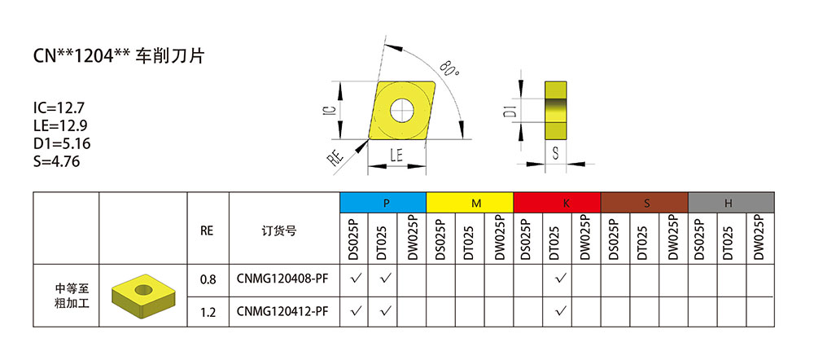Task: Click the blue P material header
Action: [383, 203]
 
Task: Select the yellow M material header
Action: [470, 203]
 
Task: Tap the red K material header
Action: [557, 203]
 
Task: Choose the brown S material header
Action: [644, 203]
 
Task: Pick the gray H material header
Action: [731, 203]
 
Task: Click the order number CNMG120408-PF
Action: [283, 279]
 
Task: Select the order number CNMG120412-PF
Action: [283, 310]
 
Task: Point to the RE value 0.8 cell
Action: [208, 279]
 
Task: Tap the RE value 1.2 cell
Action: [208, 310]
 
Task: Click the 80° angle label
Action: [449, 68]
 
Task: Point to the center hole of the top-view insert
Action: [400, 109]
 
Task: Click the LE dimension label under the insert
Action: [397, 155]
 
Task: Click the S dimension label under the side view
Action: [556, 153]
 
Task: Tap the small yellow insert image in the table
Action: [142, 295]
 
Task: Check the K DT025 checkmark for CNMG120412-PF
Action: [558, 310]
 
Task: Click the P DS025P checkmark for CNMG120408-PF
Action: [355, 279]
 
